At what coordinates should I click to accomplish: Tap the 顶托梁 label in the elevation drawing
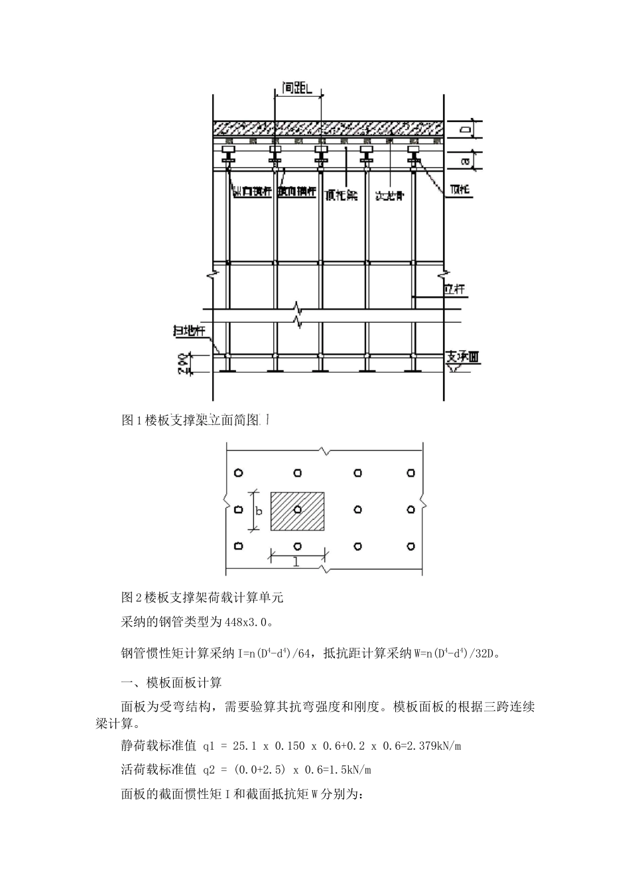point(341,194)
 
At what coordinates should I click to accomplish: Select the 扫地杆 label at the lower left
point(190,332)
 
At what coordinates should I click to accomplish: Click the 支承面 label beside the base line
point(463,357)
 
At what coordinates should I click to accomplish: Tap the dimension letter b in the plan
point(259,510)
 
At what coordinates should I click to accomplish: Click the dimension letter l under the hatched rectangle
point(296,562)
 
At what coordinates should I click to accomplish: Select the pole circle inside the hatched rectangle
point(298,509)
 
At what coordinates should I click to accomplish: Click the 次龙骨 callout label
point(389,196)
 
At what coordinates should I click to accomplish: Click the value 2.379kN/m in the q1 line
point(431,746)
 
